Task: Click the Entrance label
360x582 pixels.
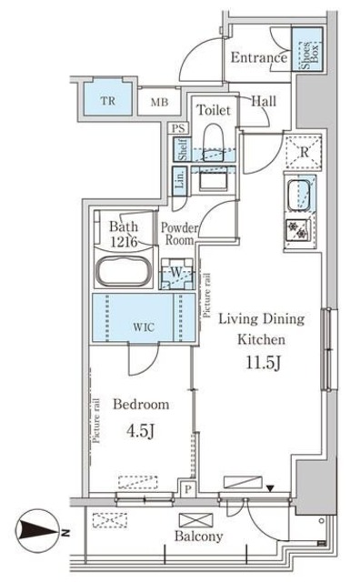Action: coord(258,58)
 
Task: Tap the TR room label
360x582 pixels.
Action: coord(107,99)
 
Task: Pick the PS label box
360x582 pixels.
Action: coord(178,129)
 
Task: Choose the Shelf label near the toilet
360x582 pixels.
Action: coord(182,150)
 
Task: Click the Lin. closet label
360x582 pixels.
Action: coord(181,179)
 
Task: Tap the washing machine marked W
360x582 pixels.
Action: coord(176,272)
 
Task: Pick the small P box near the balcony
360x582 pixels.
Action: coord(186,488)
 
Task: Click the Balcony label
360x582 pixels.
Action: coord(198,536)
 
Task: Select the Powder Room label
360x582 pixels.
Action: coord(180,236)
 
